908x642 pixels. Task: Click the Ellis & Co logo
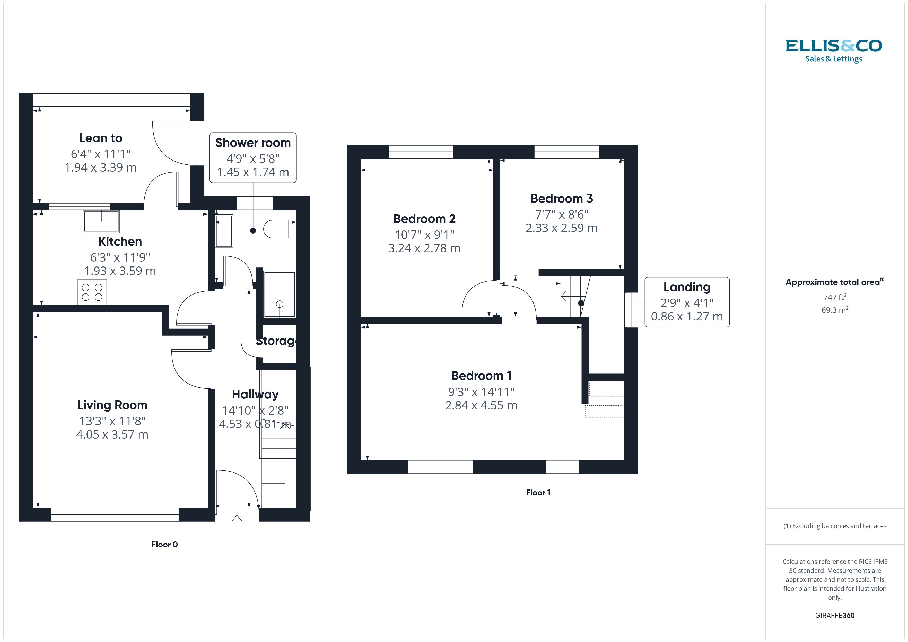point(834,51)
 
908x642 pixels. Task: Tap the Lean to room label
point(100,138)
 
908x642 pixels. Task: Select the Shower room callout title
point(253,143)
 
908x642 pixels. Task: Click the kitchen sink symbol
point(101,222)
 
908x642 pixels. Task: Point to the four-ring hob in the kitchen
point(92,292)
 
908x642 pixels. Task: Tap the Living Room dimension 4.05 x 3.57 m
point(112,434)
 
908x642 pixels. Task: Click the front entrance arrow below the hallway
point(237,520)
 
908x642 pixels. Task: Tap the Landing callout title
point(687,287)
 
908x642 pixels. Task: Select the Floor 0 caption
point(164,545)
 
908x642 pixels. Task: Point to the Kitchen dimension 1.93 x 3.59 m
point(120,271)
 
